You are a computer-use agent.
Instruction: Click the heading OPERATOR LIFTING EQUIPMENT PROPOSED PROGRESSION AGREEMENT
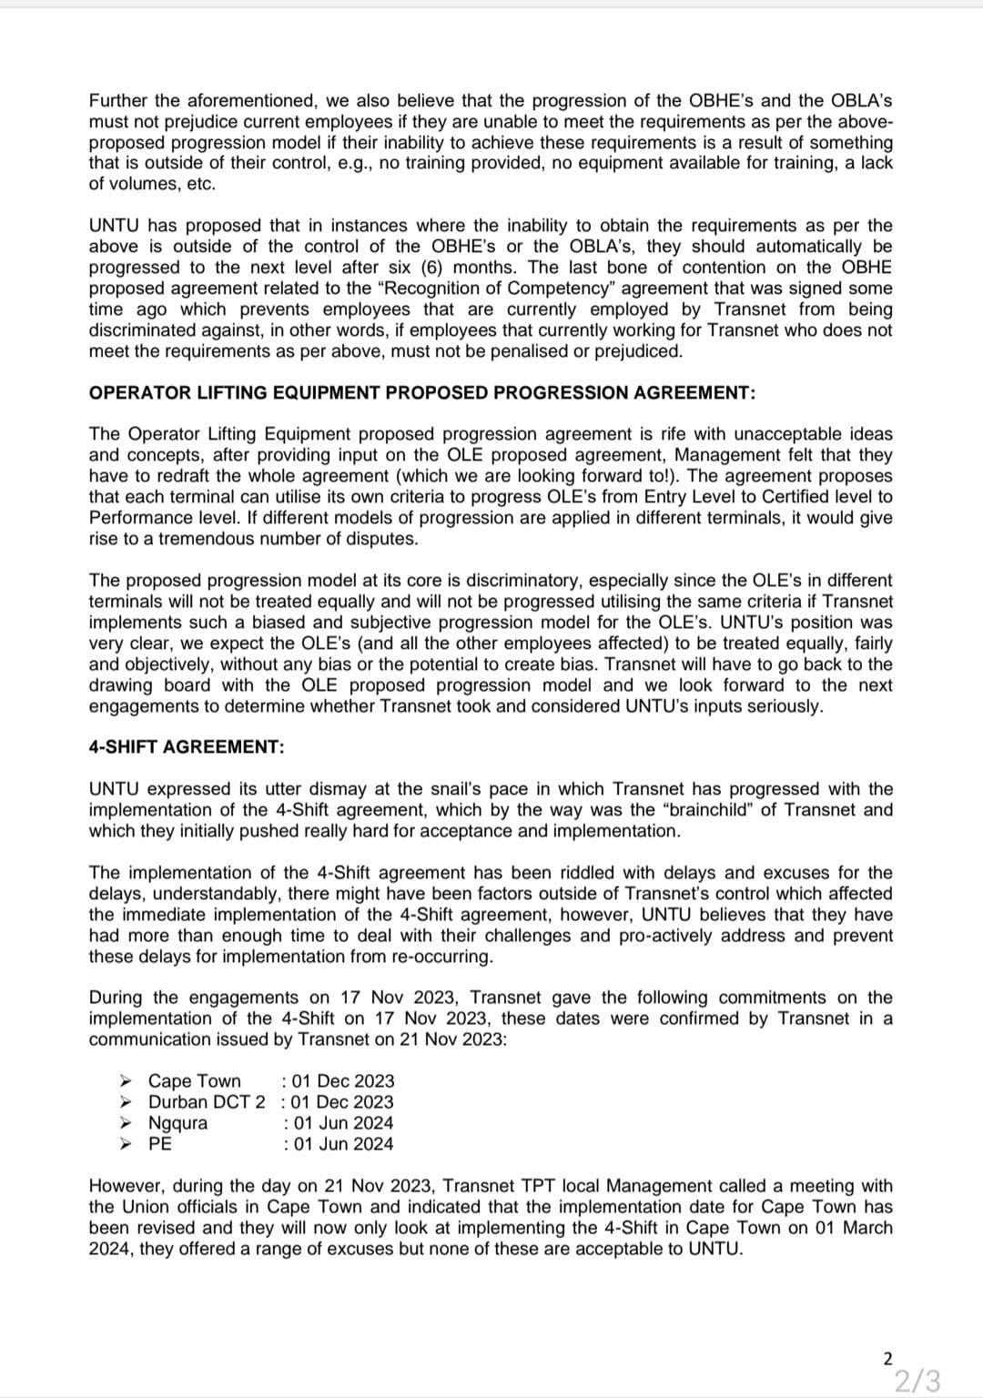tap(421, 392)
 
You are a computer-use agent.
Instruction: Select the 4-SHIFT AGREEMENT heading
tap(187, 746)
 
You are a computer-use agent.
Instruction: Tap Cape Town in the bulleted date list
tap(194, 1080)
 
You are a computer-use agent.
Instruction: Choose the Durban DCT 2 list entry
tap(207, 1101)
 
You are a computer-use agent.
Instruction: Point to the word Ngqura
tap(177, 1122)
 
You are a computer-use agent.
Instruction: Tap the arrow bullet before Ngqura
tap(127, 1122)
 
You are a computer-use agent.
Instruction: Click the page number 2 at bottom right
tap(887, 1359)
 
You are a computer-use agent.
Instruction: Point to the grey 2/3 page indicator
tap(917, 1381)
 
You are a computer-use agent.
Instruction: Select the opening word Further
tap(119, 100)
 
